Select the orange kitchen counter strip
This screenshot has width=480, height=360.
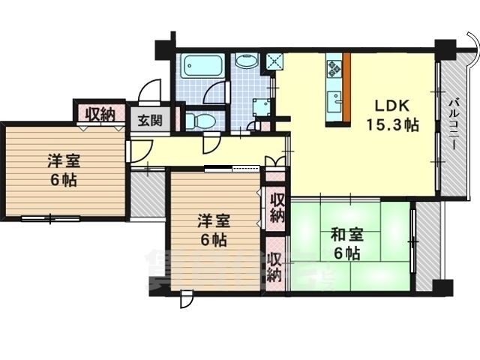(x=348, y=88)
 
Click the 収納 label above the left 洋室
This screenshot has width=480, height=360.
(x=99, y=115)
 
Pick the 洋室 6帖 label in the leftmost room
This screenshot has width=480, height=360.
(x=63, y=170)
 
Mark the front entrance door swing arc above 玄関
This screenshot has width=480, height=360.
(x=150, y=91)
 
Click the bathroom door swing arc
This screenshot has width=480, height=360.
(x=217, y=93)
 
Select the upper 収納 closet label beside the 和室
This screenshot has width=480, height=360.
(x=276, y=208)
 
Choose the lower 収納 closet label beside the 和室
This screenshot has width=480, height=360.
(x=275, y=266)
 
